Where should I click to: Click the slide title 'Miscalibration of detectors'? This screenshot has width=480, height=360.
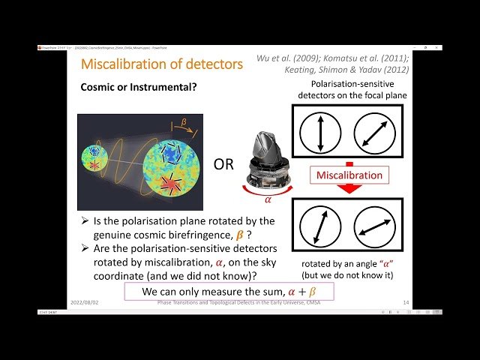click(x=161, y=64)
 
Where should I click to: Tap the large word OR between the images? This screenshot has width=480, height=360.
click(x=224, y=163)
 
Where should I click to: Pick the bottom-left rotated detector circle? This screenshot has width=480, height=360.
click(x=321, y=226)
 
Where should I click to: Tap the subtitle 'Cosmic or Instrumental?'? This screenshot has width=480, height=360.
click(x=139, y=87)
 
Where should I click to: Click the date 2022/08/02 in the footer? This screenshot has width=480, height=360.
click(x=91, y=302)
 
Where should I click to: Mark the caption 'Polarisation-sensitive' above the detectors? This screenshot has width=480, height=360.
click(x=352, y=84)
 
